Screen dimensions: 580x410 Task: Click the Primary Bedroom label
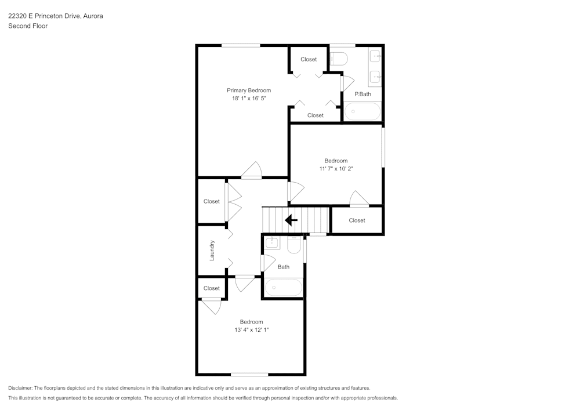pos(249,90)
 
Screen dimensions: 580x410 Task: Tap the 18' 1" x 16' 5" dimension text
pos(249,99)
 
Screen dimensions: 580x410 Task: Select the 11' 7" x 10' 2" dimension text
pos(336,169)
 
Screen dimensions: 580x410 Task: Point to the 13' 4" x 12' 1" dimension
pos(252,330)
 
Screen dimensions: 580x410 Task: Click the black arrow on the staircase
pos(291,220)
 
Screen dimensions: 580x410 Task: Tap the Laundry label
pos(212,251)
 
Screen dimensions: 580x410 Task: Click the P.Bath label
pos(362,94)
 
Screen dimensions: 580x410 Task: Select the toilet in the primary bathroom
pos(339,59)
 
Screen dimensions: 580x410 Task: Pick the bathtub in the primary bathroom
pos(362,111)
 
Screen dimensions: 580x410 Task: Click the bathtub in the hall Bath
pos(284,287)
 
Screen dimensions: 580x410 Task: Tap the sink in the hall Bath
pos(272,243)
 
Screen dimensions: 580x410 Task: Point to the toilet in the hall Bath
pos(294,245)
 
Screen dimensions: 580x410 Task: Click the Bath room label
pos(284,267)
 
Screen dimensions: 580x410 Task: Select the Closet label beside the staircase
pos(357,220)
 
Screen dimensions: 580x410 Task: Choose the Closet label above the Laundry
pos(212,201)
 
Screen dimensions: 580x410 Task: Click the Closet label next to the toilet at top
pos(309,59)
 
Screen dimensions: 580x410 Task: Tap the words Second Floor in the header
pos(28,26)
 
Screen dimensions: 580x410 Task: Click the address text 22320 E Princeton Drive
pos(44,16)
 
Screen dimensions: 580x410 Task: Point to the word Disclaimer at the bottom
pos(20,388)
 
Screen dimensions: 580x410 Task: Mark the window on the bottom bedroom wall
pos(249,375)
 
